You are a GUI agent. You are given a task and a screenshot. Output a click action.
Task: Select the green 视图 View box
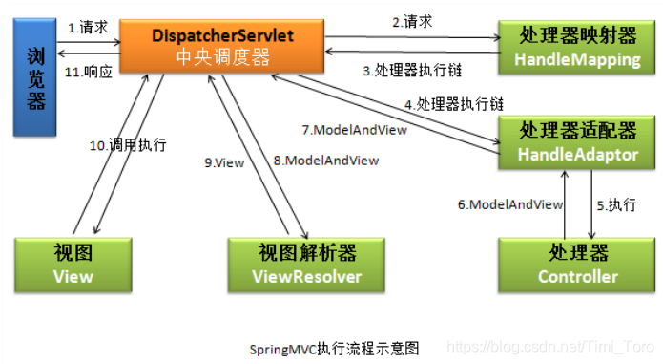pos(73,264)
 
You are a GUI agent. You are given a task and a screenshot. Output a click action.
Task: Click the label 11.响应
pos(89,70)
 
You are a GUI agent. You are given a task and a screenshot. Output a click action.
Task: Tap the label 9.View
pos(224,162)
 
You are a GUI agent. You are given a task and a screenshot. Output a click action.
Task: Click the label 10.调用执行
pos(129,145)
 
